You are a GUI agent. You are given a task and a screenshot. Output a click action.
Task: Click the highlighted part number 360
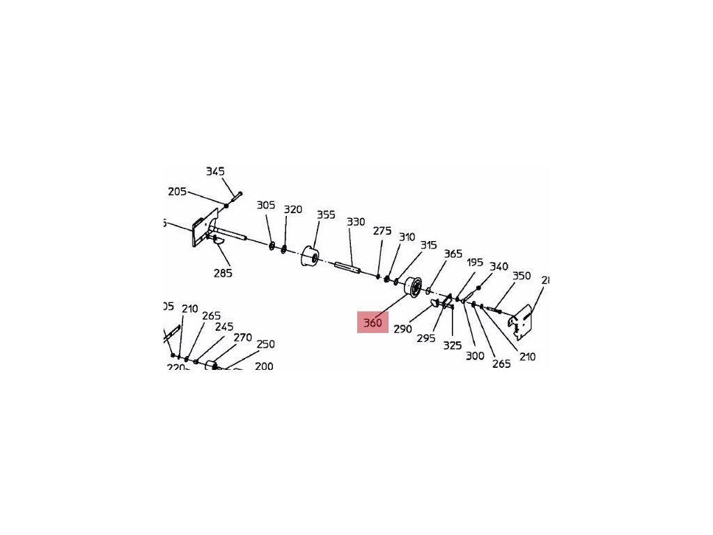pyautogui.click(x=373, y=323)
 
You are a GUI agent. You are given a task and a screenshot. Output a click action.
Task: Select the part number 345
pyautogui.click(x=215, y=171)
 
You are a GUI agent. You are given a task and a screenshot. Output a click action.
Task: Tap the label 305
pyautogui.click(x=266, y=206)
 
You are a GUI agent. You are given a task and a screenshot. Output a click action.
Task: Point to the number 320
pyautogui.click(x=293, y=210)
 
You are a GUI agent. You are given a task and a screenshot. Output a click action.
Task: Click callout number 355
pyautogui.click(x=327, y=215)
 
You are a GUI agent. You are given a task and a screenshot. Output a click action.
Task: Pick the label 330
pyautogui.click(x=356, y=222)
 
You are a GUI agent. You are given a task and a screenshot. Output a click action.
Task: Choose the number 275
pyautogui.click(x=382, y=231)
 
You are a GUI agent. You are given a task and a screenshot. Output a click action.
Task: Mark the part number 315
pyautogui.click(x=428, y=245)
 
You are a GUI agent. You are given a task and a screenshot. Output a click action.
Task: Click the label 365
pyautogui.click(x=453, y=254)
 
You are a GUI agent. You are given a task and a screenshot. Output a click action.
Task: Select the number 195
pyautogui.click(x=475, y=263)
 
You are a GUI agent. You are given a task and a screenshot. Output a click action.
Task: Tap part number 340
pyautogui.click(x=499, y=267)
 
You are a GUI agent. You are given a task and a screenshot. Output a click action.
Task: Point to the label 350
pyautogui.click(x=522, y=276)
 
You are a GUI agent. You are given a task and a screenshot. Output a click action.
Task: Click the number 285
pyautogui.click(x=223, y=273)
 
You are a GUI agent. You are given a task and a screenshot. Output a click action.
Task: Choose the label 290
pyautogui.click(x=402, y=329)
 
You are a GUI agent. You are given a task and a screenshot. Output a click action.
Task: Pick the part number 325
pyautogui.click(x=453, y=345)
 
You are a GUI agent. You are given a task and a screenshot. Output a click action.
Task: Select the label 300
pyautogui.click(x=475, y=356)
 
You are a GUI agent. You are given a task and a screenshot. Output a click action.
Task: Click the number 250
pyautogui.click(x=265, y=344)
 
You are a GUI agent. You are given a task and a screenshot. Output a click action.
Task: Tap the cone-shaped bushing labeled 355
pyautogui.click(x=309, y=257)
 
